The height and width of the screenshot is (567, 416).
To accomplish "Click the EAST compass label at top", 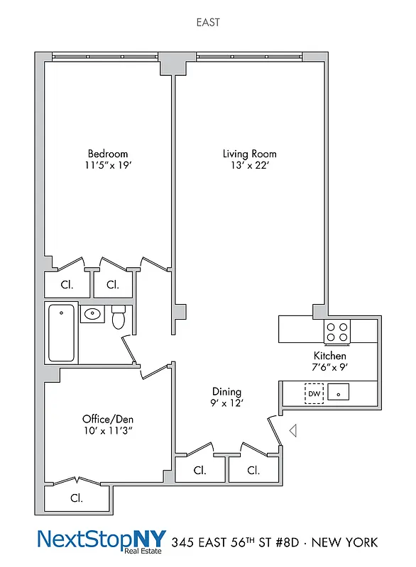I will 207,23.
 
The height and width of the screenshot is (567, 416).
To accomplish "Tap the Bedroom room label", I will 108,154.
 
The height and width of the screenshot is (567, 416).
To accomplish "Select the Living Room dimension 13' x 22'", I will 249,166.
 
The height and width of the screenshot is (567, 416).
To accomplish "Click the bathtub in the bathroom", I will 61,333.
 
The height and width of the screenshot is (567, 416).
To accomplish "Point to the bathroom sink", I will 92,313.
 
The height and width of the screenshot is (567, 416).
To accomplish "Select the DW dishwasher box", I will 314,392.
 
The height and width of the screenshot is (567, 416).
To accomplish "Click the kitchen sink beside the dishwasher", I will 338,392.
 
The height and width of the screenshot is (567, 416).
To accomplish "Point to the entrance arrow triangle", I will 292,430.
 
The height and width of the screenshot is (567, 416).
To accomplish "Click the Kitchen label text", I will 330,355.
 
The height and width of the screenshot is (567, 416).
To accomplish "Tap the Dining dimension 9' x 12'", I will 226,404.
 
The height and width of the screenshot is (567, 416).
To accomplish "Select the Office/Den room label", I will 108,418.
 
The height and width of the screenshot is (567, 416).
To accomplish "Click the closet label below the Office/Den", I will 76,498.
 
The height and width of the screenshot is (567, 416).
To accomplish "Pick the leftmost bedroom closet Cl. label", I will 67,285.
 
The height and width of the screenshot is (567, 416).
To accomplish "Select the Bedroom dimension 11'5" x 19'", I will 108,166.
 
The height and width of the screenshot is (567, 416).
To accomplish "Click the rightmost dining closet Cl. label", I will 253,470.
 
